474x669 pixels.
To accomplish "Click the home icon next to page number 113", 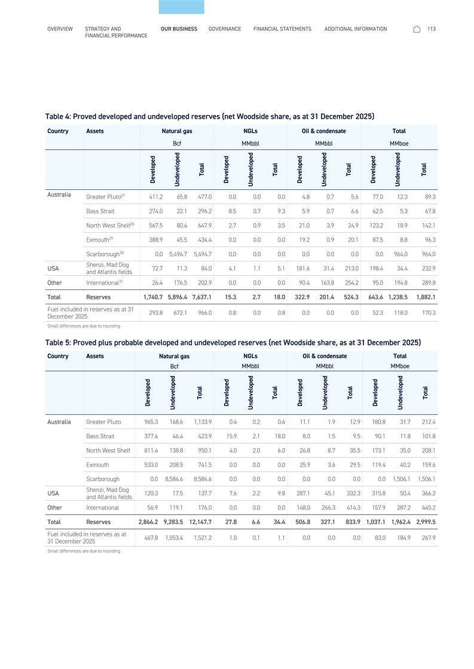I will (x=417, y=29).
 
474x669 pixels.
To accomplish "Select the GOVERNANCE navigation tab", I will (x=225, y=29).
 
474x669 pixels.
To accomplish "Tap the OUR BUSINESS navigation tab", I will (x=179, y=29).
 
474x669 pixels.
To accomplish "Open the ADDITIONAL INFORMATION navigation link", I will (x=355, y=29).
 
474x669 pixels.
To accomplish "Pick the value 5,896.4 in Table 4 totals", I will (x=177, y=297).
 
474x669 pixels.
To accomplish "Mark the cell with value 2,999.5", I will (x=425, y=523).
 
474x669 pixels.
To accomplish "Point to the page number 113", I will (x=432, y=29).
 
